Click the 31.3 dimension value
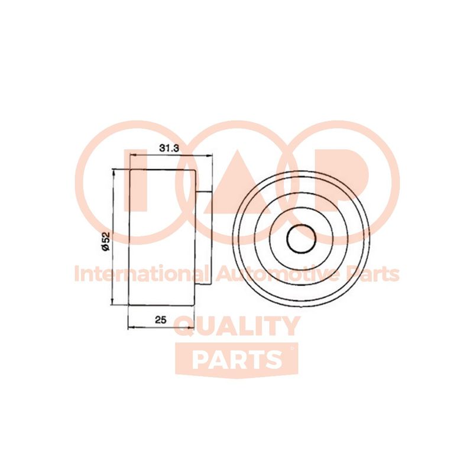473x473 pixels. pyautogui.click(x=169, y=148)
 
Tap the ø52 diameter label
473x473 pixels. pyautogui.click(x=106, y=241)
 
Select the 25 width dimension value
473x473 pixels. pyautogui.click(x=160, y=320)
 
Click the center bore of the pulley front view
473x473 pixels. pyautogui.click(x=302, y=238)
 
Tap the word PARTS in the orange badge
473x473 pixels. pyautogui.click(x=237, y=359)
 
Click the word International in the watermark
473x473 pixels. pyautogui.click(x=141, y=274)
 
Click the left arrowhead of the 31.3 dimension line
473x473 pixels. pyautogui.click(x=132, y=155)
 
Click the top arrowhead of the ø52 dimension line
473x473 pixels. pyautogui.click(x=114, y=173)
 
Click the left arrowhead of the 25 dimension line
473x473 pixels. pyautogui.click(x=132, y=327)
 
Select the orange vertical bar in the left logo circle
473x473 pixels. pyautogui.click(x=135, y=180)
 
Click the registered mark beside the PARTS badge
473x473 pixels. pyautogui.click(x=291, y=349)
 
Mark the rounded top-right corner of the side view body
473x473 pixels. pyautogui.click(x=195, y=172)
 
